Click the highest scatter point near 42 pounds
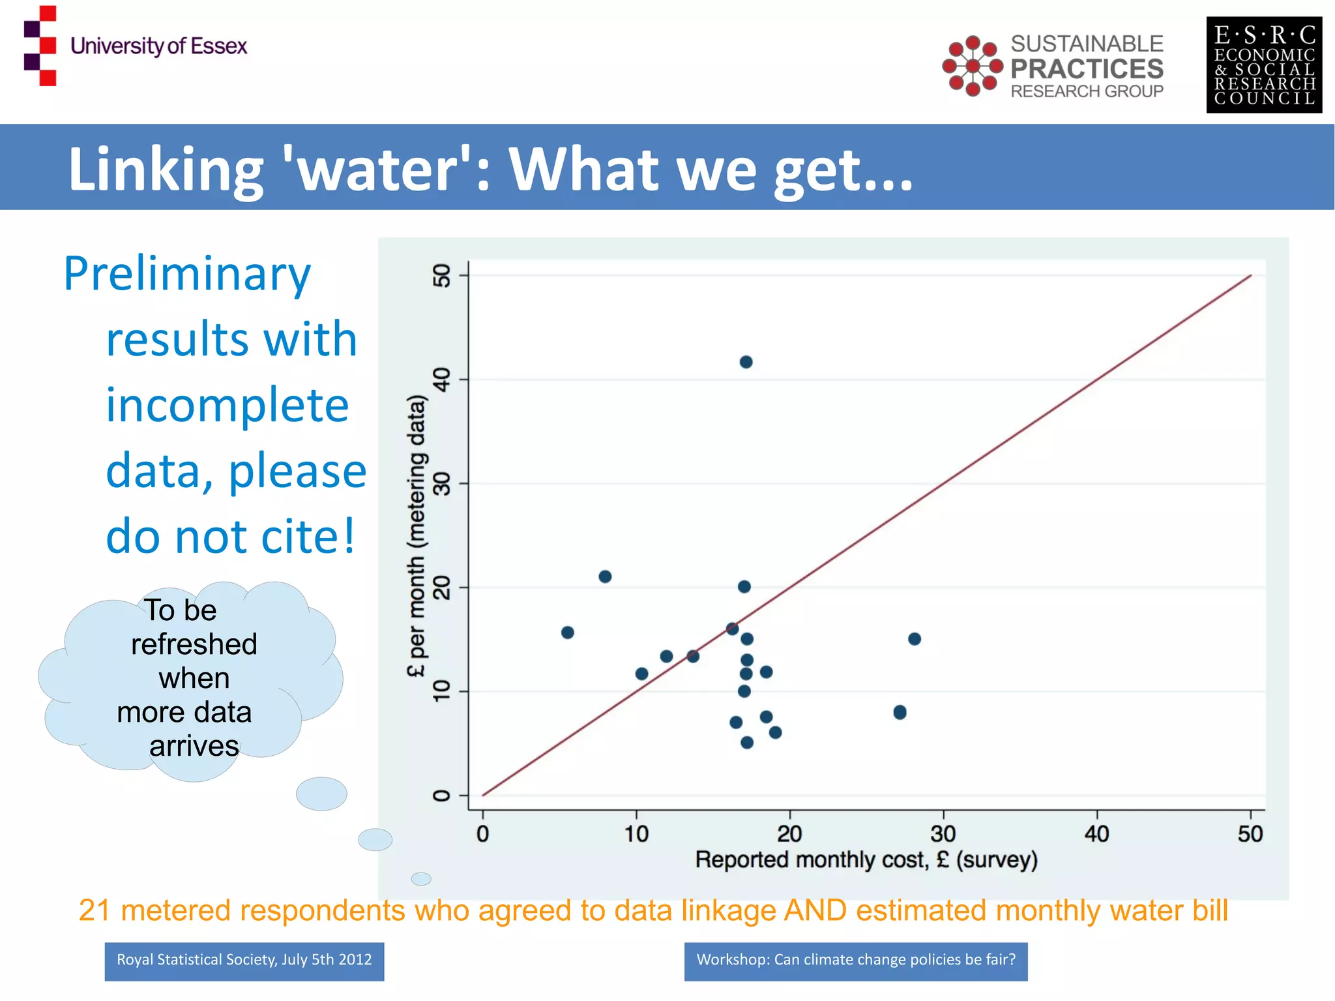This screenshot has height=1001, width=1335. tap(746, 362)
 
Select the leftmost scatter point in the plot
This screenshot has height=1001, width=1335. tap(567, 633)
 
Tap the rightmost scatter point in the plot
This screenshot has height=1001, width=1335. tap(914, 639)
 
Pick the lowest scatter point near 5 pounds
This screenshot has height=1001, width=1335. tap(747, 743)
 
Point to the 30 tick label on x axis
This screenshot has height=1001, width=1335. tap(943, 834)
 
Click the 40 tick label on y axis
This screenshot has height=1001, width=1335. tap(442, 380)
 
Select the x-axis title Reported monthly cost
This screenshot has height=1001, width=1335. tap(866, 860)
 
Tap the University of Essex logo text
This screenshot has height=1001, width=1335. tap(158, 46)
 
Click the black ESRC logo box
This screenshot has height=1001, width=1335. tap(1263, 65)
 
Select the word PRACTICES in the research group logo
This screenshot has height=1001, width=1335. tap(1087, 68)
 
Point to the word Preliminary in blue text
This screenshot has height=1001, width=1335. tap(187, 274)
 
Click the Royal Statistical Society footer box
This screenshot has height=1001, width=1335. tap(244, 961)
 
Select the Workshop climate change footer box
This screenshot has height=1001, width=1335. tap(855, 961)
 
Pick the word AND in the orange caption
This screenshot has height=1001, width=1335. tap(815, 911)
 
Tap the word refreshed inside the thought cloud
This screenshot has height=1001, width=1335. tap(194, 645)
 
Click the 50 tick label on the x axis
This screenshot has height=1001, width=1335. tap(1250, 834)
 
